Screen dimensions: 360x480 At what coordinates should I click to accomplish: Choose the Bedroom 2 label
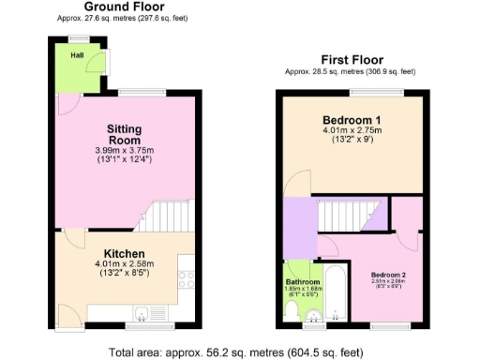[x=386, y=275]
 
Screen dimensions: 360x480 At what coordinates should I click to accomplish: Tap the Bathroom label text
[x=304, y=282]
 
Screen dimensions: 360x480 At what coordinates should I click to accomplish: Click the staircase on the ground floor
[x=161, y=217]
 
